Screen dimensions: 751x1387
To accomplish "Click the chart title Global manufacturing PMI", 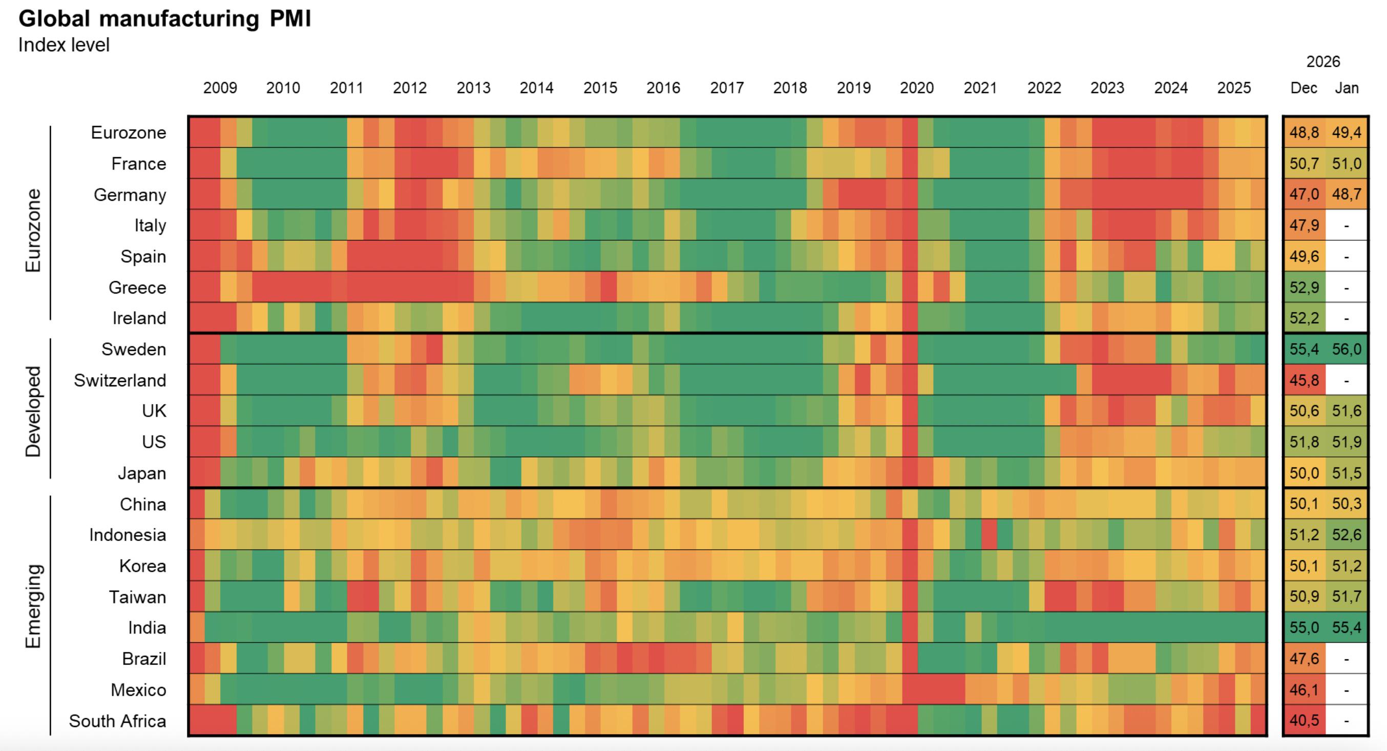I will [165, 19].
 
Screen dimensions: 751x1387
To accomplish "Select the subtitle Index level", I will [64, 45].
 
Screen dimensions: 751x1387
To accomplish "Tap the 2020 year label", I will [916, 88].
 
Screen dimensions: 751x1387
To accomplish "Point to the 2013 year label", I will [473, 88].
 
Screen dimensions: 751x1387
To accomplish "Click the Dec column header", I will [1304, 88].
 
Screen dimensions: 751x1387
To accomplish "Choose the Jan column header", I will [1346, 88].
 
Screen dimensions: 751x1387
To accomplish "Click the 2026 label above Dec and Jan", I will [1323, 62].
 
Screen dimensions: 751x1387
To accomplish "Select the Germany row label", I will [130, 195].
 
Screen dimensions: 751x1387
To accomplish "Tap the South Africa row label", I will [117, 721].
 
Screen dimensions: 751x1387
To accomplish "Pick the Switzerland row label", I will [120, 381].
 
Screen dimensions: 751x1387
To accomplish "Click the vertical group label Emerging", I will [33, 606].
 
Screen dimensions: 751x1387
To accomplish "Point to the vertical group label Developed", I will [33, 412].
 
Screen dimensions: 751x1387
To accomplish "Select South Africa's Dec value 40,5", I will [1304, 721].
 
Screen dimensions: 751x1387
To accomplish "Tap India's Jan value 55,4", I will [1346, 628].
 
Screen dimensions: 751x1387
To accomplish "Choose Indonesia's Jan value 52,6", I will [1346, 535].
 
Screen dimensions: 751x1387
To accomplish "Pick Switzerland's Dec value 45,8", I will [1304, 381].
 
